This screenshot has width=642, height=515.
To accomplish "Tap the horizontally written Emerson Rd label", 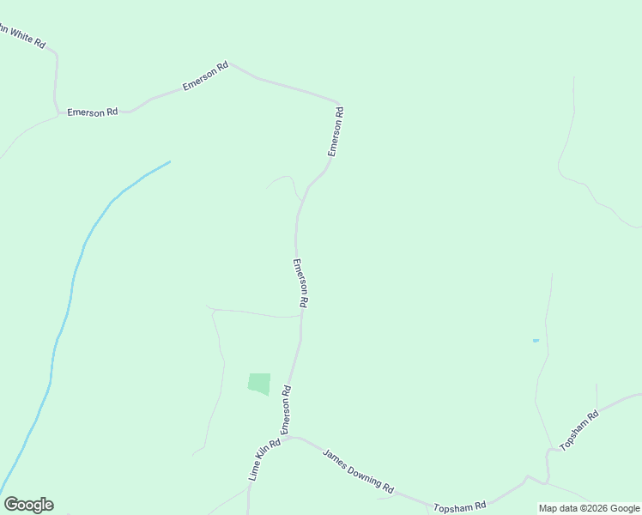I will pyautogui.click(x=92, y=112).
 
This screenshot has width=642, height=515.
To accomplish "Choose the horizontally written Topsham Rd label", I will pyautogui.click(x=460, y=506).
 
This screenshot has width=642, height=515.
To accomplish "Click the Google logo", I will pyautogui.click(x=28, y=505).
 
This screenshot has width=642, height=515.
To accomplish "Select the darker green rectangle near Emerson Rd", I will pyautogui.click(x=259, y=384).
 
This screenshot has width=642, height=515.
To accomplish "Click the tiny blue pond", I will pyautogui.click(x=536, y=341).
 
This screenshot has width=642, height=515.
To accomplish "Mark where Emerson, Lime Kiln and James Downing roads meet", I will pyautogui.click(x=290, y=438).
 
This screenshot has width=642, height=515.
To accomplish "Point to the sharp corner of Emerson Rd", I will pyautogui.click(x=338, y=100).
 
